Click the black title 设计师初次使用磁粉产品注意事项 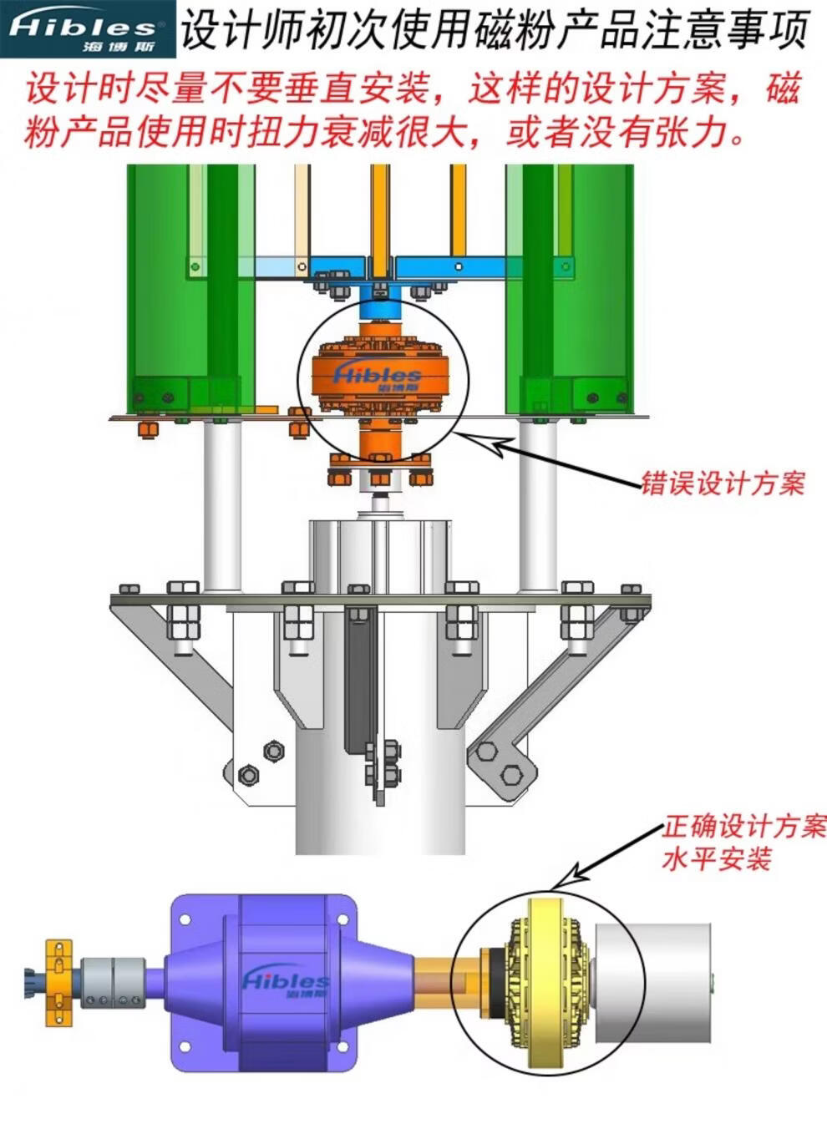pos(495,30)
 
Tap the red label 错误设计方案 pos(723,483)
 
